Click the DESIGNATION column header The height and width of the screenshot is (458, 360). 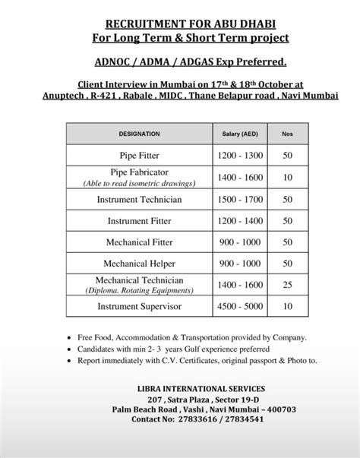point(139,134)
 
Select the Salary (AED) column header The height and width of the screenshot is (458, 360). point(238,134)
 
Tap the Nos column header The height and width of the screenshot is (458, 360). point(286,134)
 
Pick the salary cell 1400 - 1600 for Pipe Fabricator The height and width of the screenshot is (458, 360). point(238,178)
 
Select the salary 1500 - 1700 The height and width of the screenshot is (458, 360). point(238,199)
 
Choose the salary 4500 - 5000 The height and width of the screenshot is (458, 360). point(238,307)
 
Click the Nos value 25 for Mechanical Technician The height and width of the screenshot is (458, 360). point(286,286)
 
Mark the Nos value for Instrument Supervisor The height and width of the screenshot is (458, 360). point(286,307)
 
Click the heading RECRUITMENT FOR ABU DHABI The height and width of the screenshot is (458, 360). point(179,24)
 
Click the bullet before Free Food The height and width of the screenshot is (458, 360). point(71,337)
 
